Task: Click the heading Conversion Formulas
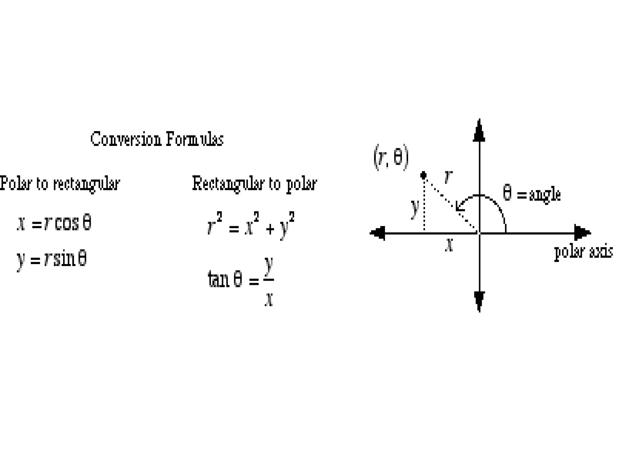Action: [157, 140]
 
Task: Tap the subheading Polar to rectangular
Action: [60, 183]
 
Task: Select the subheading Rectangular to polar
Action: [254, 183]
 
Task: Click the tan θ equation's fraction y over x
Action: [269, 281]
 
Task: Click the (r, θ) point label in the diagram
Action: [391, 157]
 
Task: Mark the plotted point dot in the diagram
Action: [423, 175]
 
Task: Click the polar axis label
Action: [583, 252]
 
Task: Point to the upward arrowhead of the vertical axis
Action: [479, 131]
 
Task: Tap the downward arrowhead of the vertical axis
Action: [479, 300]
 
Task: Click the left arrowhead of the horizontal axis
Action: [378, 233]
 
